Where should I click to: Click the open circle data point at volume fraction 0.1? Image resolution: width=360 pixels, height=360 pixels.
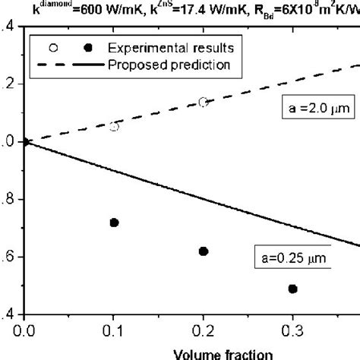(x=114, y=127)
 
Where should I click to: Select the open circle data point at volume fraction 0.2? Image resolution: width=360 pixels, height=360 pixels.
(x=203, y=102)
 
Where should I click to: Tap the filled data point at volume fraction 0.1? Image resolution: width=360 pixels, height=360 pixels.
(x=114, y=223)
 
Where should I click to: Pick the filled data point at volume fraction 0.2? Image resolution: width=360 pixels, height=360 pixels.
(x=203, y=251)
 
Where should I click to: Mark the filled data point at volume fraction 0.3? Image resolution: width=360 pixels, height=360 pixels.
(x=292, y=289)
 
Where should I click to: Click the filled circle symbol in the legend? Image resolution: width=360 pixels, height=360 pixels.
(x=88, y=48)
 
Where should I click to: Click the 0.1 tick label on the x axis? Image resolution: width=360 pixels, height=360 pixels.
(x=114, y=330)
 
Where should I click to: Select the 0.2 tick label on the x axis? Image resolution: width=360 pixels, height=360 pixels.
(x=203, y=330)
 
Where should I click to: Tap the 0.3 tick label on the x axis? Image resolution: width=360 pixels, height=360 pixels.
(x=292, y=330)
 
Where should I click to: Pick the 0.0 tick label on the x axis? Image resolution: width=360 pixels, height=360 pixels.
(x=25, y=330)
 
